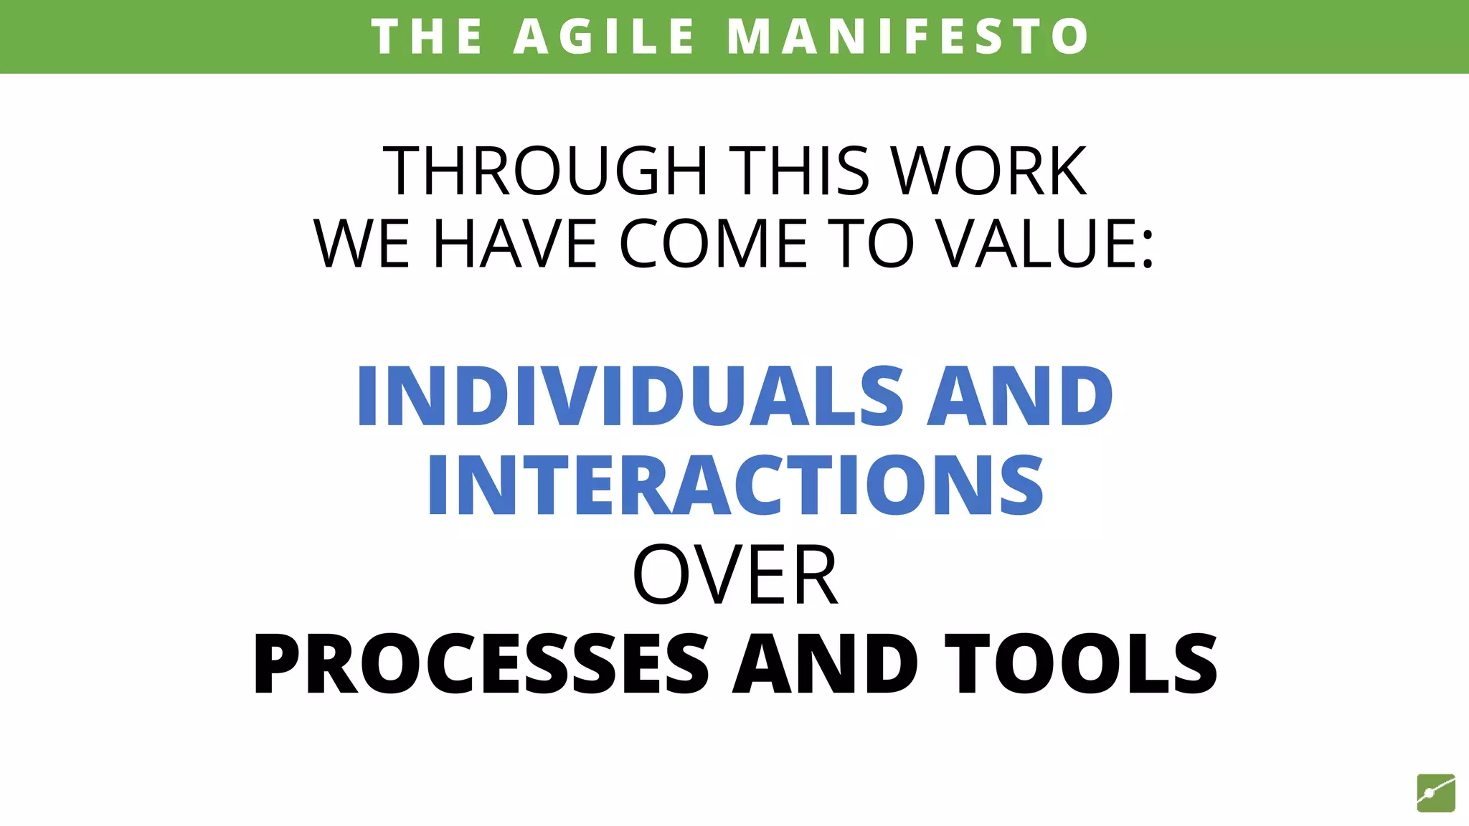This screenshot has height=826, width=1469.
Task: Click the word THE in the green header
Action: point(428,37)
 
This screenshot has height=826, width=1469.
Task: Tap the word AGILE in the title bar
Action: point(605,37)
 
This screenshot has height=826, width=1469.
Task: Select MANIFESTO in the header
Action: point(908,37)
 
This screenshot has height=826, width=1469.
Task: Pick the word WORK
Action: point(989,171)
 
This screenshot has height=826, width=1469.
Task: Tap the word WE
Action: point(362,244)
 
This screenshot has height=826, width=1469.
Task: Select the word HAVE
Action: point(516,244)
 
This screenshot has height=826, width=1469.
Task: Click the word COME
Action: point(714,244)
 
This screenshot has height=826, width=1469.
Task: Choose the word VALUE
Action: point(1034,244)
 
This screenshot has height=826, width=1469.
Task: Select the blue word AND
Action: point(1020,396)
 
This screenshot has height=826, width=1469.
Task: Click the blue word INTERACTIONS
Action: point(735,485)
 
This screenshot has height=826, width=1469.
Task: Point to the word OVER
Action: point(735,575)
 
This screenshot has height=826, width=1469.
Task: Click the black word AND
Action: point(825,664)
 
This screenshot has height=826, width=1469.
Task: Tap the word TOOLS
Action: point(1081,664)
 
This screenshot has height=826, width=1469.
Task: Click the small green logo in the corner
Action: point(1435,793)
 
